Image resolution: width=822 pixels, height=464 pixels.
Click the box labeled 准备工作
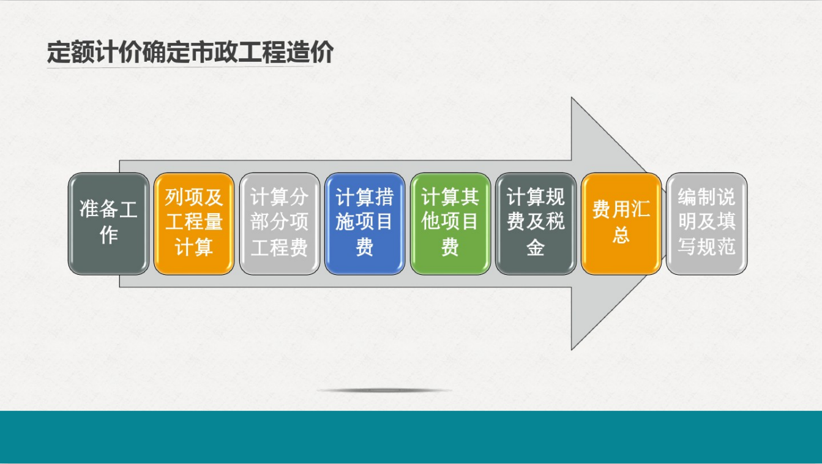[x=108, y=224]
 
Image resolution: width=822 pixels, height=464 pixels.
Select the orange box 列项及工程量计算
[x=194, y=224]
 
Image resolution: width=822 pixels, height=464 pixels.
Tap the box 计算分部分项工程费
[x=280, y=224]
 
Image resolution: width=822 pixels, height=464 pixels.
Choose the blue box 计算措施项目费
[x=365, y=224]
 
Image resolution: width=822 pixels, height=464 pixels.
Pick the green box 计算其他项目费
[x=450, y=224]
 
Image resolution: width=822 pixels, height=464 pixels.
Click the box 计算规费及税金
[x=536, y=224]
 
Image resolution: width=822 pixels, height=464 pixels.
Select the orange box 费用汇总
[x=621, y=224]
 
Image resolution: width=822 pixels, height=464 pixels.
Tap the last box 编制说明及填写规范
[x=707, y=224]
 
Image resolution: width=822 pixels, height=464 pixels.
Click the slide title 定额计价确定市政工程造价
[x=190, y=52]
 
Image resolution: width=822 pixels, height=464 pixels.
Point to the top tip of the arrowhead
[x=572, y=98]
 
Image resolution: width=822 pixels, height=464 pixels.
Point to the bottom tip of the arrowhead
[x=572, y=350]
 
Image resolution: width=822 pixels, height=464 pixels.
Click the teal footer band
[x=411, y=437]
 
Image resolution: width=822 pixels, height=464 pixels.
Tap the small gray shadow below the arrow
[x=384, y=390]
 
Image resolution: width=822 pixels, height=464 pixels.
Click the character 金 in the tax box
[x=536, y=247]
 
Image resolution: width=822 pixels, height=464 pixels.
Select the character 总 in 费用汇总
[x=621, y=235]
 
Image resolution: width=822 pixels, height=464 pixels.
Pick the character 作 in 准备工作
[x=108, y=235]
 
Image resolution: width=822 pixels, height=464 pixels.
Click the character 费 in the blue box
[x=365, y=247]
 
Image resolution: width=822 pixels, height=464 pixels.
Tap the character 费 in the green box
[x=450, y=247]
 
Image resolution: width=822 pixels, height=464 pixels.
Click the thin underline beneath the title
[x=180, y=67]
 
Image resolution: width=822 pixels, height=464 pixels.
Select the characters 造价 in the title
[x=310, y=52]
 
